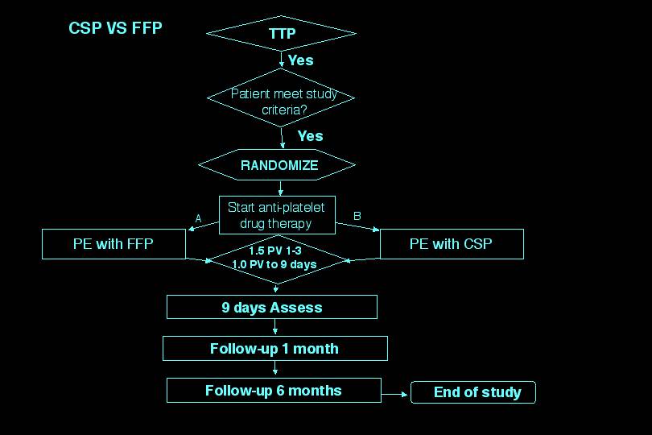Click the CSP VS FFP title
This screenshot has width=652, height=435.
click(x=115, y=28)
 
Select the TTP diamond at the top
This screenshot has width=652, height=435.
click(x=281, y=33)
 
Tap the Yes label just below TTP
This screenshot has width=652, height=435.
click(x=300, y=60)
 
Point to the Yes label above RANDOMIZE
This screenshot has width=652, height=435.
click(x=310, y=136)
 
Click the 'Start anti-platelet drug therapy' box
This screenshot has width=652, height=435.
click(x=277, y=214)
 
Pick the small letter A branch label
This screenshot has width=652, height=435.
click(x=198, y=217)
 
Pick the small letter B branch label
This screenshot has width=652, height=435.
click(x=357, y=217)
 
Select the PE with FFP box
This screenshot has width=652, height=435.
click(x=113, y=244)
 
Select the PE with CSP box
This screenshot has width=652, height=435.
click(x=451, y=244)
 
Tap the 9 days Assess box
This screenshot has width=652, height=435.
click(x=271, y=307)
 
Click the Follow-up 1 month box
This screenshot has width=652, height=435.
click(x=274, y=349)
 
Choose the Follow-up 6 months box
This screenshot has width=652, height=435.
click(x=273, y=391)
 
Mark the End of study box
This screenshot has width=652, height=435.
click(x=473, y=393)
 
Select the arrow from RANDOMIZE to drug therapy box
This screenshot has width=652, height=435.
click(x=279, y=187)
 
